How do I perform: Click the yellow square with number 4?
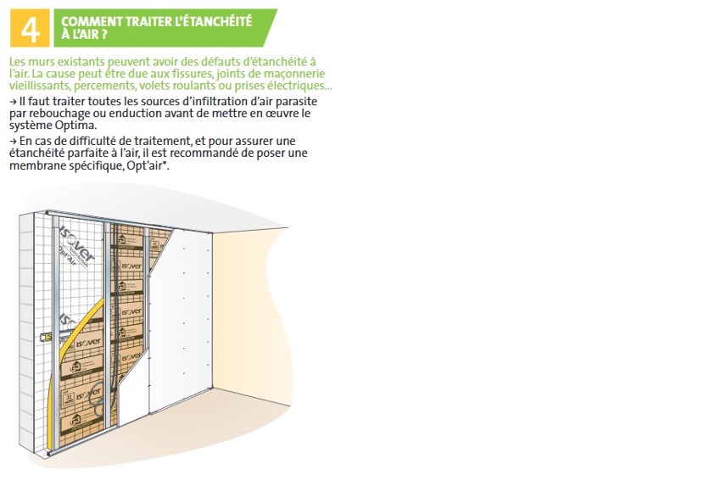pos(30,28)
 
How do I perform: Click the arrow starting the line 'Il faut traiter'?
pos(13,102)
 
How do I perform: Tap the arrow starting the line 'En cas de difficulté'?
pos(13,141)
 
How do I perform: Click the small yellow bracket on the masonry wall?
pos(46,338)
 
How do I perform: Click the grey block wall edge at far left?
pos(26,331)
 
